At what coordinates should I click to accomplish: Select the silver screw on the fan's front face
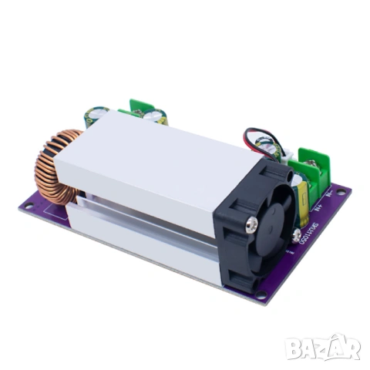pos(251,224)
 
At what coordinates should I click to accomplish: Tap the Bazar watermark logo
pos(322,348)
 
